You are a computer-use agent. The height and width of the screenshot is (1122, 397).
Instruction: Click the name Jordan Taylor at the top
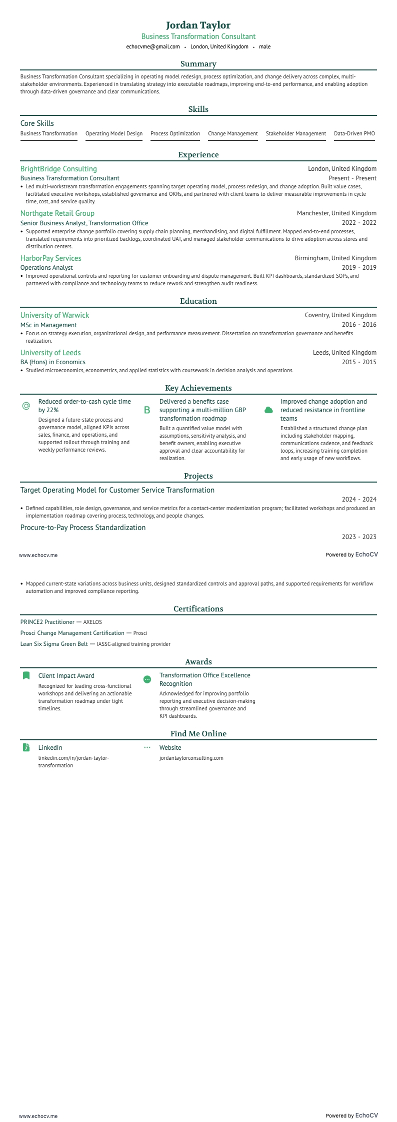198,25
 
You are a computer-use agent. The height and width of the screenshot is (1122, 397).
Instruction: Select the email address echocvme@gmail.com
153,46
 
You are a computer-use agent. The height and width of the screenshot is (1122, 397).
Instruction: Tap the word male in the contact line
264,46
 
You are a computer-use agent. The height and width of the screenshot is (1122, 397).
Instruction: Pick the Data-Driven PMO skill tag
354,134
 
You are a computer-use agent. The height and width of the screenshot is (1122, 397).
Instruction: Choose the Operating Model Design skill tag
114,134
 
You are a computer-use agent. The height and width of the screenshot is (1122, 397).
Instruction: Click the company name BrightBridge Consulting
58,169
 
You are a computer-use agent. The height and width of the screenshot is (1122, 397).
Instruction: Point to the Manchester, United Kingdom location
336,213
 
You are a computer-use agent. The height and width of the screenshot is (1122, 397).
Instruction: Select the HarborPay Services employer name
50,258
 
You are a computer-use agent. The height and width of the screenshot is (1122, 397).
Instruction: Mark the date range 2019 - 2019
358,268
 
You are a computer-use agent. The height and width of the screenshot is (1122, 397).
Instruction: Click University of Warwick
54,315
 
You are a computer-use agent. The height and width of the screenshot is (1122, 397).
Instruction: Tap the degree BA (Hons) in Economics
53,362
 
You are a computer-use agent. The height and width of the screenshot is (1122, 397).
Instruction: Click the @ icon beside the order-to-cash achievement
26,406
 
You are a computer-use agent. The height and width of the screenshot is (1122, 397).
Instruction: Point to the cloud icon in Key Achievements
268,410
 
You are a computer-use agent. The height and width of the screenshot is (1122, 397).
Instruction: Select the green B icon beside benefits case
147,410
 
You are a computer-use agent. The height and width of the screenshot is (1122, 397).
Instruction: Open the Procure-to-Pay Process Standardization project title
83,528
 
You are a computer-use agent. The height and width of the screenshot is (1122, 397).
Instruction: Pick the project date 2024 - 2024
358,500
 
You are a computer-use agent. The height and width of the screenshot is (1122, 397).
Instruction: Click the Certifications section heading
198,609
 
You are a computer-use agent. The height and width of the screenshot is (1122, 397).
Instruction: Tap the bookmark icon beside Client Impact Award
26,676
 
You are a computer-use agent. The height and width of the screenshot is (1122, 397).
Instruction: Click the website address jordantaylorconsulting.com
191,758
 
